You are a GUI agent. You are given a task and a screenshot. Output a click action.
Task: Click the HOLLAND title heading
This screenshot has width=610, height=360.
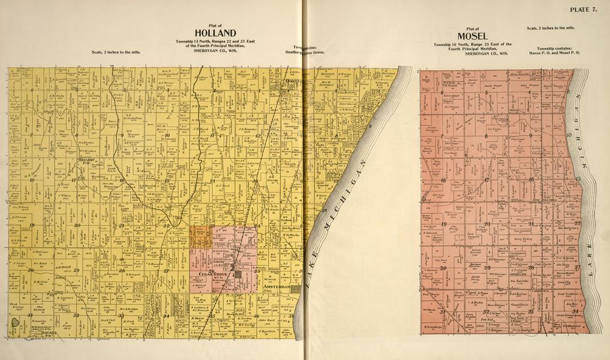pos(215,32)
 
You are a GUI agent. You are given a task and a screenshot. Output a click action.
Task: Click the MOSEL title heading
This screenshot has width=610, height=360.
pos(473,35)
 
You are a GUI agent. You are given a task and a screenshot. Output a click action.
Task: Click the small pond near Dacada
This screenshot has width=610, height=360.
pos(14,323)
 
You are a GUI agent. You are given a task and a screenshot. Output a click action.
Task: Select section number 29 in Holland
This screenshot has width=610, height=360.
pos(76,271)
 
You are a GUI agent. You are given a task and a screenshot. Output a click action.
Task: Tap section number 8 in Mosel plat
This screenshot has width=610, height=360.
pos(486,137)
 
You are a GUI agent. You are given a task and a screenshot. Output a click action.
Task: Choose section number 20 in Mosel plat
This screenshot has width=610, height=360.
pos(487,224)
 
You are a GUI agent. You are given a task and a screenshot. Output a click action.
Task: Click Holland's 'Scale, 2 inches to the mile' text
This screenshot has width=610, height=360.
pos(116,52)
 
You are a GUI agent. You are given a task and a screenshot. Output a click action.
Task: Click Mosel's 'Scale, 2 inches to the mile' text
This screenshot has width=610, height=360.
pos(550,28)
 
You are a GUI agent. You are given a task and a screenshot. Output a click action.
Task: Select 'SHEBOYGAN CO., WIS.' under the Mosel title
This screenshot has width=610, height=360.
pos(473,53)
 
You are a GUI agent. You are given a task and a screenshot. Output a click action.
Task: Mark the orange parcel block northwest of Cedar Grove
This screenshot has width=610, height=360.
pos(200,236)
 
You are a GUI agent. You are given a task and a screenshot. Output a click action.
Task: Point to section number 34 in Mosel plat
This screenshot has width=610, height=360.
pos(574,311)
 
